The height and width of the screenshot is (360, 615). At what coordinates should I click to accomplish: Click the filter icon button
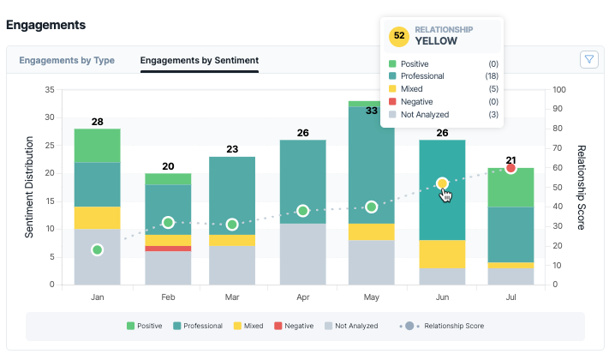coord(588,60)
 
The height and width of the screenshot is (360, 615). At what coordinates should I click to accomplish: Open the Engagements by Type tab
coord(67,61)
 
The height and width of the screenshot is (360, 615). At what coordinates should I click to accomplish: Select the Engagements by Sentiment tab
coord(200,61)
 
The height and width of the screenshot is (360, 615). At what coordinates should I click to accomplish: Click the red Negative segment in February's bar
coord(168,249)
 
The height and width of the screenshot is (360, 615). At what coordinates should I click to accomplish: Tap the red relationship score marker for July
coord(511,168)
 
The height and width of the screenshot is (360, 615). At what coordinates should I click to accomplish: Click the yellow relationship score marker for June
coord(442,183)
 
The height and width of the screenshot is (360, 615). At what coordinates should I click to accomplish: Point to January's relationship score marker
coord(98,249)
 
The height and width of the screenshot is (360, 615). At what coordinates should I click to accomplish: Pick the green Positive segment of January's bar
coord(98,146)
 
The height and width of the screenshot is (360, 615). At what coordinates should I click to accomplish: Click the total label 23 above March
coord(232,149)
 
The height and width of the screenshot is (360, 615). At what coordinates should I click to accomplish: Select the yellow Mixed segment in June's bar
coord(442,254)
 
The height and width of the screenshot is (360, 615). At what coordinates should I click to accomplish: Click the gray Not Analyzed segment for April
coord(303,254)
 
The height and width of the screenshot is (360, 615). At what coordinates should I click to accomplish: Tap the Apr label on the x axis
coord(303,297)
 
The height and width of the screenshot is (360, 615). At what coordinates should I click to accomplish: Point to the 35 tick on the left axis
coord(50,89)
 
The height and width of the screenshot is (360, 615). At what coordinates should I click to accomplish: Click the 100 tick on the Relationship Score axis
coord(559,89)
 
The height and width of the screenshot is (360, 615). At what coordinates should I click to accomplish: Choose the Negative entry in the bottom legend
coord(294,326)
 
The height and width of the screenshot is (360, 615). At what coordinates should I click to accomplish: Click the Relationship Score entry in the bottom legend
coord(442,326)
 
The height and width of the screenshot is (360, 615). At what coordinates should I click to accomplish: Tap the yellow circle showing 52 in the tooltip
coord(399,36)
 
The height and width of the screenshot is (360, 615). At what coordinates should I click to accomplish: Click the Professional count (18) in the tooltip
coord(492,75)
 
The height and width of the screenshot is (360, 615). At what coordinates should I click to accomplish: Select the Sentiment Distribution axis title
coord(29,187)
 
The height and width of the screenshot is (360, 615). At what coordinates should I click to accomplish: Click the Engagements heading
coord(46,25)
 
